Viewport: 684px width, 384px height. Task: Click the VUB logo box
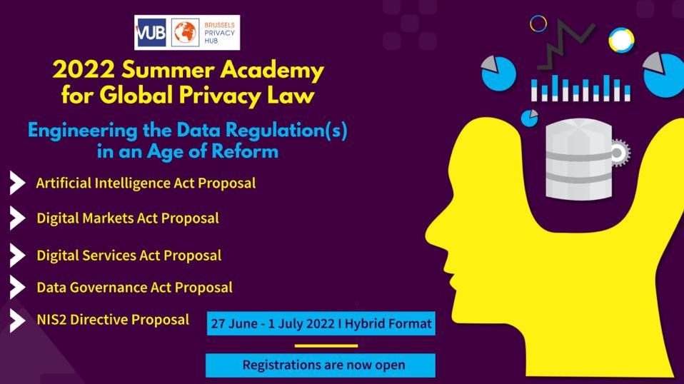151,33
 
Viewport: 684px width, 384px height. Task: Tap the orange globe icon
185,33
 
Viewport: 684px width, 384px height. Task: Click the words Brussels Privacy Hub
219,33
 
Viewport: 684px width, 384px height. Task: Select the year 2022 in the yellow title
84,69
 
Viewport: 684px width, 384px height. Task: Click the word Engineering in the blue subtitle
82,131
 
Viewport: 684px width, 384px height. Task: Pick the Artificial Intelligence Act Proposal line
146,183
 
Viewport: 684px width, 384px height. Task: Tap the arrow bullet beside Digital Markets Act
17,218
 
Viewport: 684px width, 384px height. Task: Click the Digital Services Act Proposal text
129,256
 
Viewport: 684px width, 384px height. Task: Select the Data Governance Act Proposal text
134,288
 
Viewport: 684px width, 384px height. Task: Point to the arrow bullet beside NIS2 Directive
17,320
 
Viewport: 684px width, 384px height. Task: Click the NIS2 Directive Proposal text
113,320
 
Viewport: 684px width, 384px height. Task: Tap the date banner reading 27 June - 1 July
321,323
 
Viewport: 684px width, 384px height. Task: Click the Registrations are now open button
321,365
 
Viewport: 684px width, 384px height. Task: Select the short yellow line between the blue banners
326,346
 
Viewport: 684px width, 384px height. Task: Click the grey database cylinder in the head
579,159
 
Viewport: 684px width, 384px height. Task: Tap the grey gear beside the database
620,153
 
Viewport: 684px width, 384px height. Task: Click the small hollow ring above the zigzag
538,24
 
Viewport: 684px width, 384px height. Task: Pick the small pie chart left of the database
530,118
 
